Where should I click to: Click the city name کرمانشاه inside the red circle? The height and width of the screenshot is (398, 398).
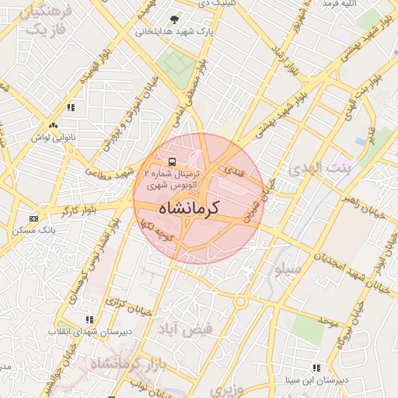[x=189, y=208]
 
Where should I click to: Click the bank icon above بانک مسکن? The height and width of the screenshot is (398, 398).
[x=33, y=218]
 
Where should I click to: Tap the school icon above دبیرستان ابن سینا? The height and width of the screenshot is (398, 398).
[x=316, y=368]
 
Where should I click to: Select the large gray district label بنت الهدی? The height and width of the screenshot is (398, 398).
[x=319, y=167]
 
